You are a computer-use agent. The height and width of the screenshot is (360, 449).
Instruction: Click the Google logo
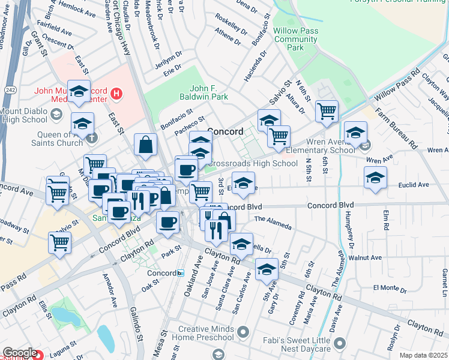19,353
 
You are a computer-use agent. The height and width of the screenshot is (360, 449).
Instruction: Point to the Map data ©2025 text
423,355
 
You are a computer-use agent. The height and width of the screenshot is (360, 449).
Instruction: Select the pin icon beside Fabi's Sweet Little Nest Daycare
340,344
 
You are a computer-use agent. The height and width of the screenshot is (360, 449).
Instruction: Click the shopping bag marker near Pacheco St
145,145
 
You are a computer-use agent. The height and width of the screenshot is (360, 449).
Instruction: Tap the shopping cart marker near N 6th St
327,110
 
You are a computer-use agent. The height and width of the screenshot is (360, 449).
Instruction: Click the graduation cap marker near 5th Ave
267,269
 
